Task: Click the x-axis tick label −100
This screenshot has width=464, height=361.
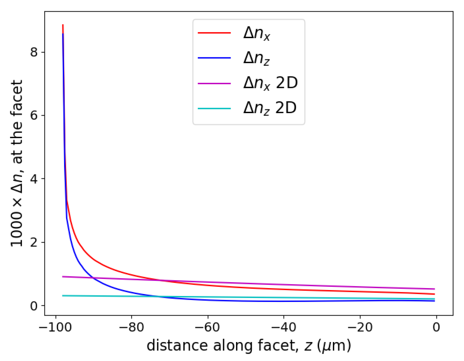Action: click(x=55, y=328)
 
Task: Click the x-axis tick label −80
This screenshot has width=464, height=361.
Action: click(x=131, y=328)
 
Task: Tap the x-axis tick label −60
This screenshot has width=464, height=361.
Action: click(x=208, y=328)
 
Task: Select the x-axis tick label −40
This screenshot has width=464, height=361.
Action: click(x=284, y=328)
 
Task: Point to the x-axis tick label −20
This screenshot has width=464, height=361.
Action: click(x=360, y=328)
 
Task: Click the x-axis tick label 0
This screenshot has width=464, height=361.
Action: click(x=436, y=328)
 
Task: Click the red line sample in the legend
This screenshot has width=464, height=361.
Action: click(x=214, y=33)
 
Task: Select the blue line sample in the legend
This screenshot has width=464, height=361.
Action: click(x=214, y=58)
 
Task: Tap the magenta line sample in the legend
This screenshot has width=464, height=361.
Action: click(x=214, y=83)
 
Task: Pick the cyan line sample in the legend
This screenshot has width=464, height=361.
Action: click(x=214, y=108)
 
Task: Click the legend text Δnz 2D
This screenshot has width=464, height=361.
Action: click(x=270, y=108)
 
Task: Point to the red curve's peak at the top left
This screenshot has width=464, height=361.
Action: click(x=63, y=25)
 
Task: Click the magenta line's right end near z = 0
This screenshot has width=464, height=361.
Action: click(x=434, y=289)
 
